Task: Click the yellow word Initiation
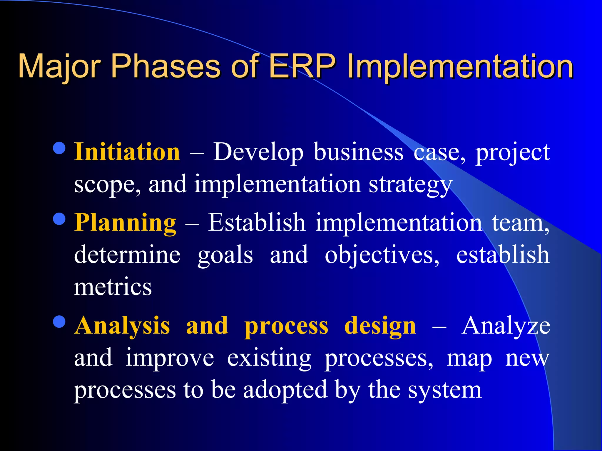pos(127,152)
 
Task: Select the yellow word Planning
pos(125,223)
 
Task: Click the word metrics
pos(113,287)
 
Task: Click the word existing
pos(269,358)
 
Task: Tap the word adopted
pos(285,390)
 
